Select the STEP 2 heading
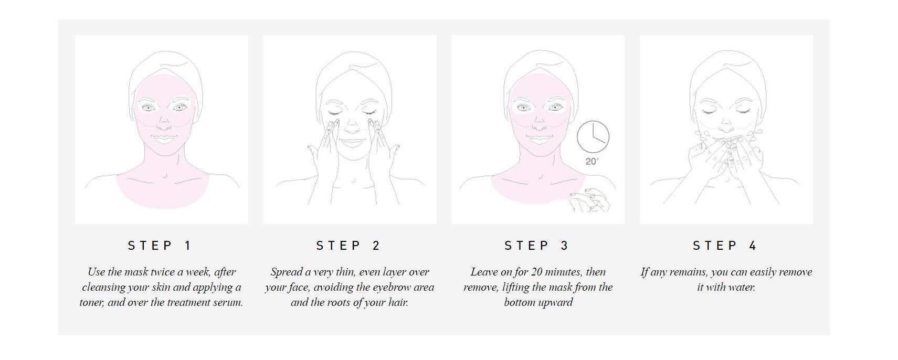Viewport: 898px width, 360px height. [x=349, y=246]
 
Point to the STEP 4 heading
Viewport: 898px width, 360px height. [x=725, y=246]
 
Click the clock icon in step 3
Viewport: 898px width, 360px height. [x=593, y=136]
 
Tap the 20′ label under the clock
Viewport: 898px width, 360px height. [x=591, y=162]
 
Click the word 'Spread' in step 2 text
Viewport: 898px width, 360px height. [x=286, y=272]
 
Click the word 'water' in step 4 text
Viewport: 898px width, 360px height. [x=742, y=288]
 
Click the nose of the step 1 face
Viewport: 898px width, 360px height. [x=164, y=124]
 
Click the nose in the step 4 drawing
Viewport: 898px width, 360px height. [x=726, y=126]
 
